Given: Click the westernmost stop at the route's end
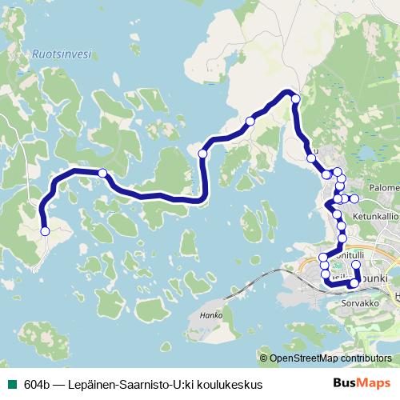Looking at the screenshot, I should coord(45,231).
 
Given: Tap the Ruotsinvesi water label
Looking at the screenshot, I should coord(62,54).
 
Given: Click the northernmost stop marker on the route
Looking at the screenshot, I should coord(295,98).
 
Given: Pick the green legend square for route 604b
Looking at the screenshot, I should coord(10,384).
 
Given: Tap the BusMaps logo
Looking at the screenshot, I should coord(362,383).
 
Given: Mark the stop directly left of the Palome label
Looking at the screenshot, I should coord(354,198).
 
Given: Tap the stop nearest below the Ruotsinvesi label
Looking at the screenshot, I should coord(102,173).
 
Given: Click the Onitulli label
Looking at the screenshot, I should coord(350,254).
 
